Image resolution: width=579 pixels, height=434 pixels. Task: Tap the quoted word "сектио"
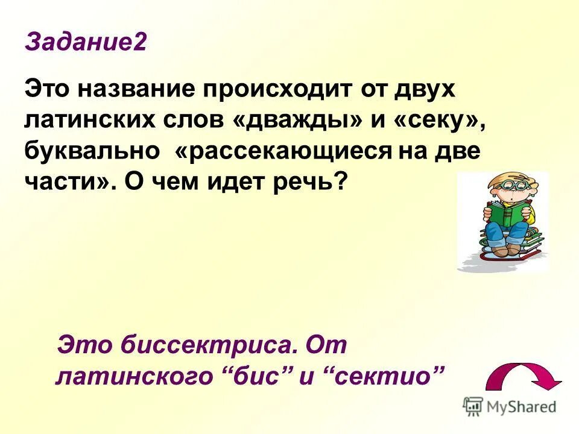click(x=385, y=377)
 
